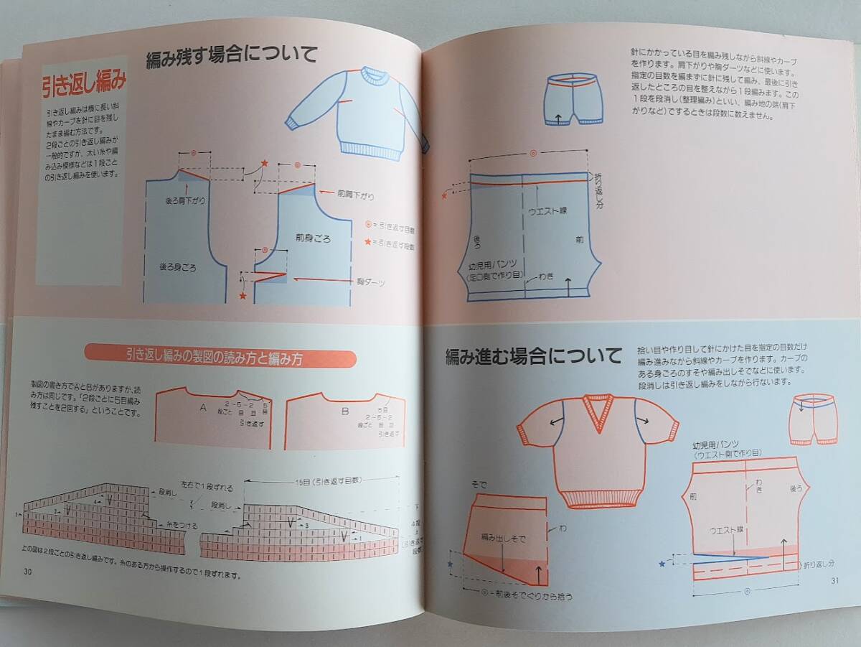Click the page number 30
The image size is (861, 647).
(x=28, y=572)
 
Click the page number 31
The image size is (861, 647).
(x=834, y=580)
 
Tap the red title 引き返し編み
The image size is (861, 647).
(x=84, y=83)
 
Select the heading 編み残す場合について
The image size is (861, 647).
(x=232, y=57)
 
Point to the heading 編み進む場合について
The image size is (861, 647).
(x=533, y=355)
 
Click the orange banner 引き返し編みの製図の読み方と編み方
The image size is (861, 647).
(x=220, y=357)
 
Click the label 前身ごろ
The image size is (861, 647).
(x=313, y=238)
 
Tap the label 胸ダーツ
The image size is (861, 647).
(x=371, y=282)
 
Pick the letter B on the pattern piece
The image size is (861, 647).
(x=345, y=411)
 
